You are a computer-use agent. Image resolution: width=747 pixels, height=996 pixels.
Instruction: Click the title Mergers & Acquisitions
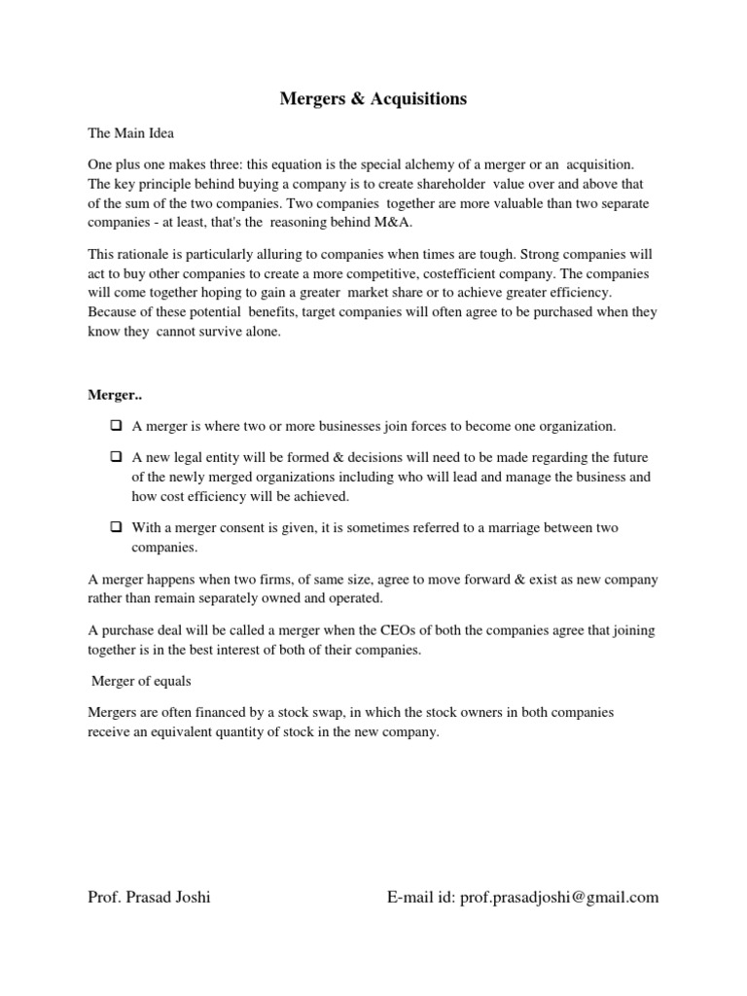[x=373, y=98]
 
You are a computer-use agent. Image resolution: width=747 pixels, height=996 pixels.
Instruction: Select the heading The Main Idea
[x=130, y=132]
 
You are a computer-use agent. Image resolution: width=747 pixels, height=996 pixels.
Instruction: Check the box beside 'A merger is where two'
[x=116, y=426]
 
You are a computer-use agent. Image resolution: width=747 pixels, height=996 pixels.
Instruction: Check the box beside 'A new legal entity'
[x=116, y=457]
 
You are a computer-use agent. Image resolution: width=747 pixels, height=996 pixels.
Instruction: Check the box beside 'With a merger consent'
[x=116, y=527]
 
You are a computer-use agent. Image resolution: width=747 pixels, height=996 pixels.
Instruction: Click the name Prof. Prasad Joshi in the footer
[x=149, y=897]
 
